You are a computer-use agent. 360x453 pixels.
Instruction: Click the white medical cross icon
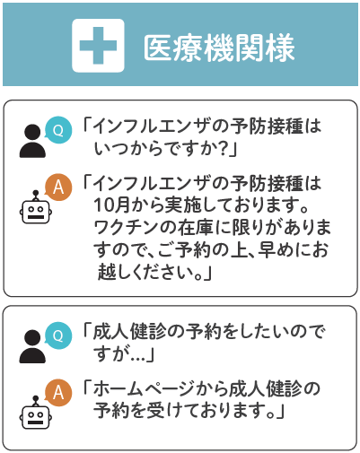coord(98,46)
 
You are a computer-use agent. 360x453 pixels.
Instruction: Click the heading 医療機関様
coord(219,48)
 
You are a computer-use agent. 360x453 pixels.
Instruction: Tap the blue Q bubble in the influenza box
coord(58,130)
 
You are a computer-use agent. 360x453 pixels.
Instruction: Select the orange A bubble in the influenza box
coord(58,187)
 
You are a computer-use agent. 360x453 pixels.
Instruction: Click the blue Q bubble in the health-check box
coord(58,335)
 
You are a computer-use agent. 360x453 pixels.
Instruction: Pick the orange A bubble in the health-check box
coord(58,393)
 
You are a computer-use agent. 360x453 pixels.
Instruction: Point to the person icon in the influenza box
coord(32,141)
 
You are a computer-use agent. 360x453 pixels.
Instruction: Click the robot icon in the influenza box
coord(36,207)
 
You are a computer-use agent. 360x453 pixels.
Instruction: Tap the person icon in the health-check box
coord(32,346)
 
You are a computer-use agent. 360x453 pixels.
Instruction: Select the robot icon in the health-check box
coord(36,413)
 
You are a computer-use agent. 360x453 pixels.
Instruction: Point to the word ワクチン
coord(127,227)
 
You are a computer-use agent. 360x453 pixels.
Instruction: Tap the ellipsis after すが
coord(137,357)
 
